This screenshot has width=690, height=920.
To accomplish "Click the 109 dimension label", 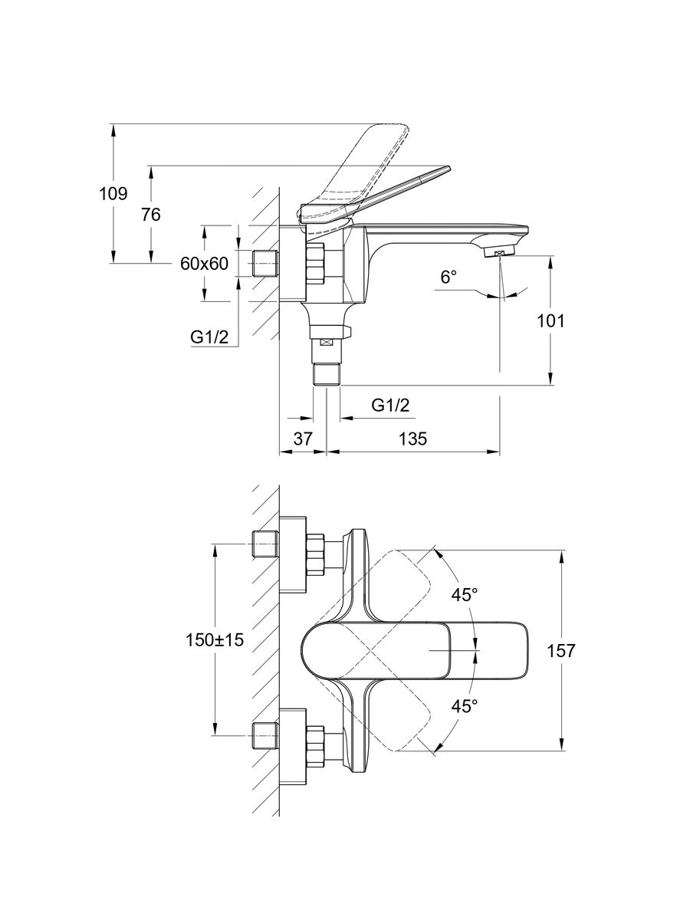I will [x=113, y=194].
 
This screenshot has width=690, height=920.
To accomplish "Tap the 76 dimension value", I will [x=151, y=215].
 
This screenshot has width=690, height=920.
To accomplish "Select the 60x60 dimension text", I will [x=205, y=264].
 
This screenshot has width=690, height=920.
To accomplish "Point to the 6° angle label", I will [x=449, y=277].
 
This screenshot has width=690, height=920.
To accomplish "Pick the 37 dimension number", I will [x=304, y=439].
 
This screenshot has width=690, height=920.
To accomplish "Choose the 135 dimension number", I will [x=412, y=439].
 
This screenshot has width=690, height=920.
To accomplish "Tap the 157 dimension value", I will [x=561, y=651].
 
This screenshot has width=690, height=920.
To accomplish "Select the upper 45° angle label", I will [x=464, y=593].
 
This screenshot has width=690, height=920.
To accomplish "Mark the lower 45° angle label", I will [x=464, y=706].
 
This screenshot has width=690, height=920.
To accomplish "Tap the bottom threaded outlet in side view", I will [x=327, y=374].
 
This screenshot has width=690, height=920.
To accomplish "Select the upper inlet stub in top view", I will [x=265, y=544].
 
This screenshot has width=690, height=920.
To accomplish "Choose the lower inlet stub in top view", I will [x=265, y=735].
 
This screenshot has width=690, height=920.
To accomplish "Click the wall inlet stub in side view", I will [x=265, y=263].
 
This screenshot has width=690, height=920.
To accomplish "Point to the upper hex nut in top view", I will [x=316, y=554].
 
